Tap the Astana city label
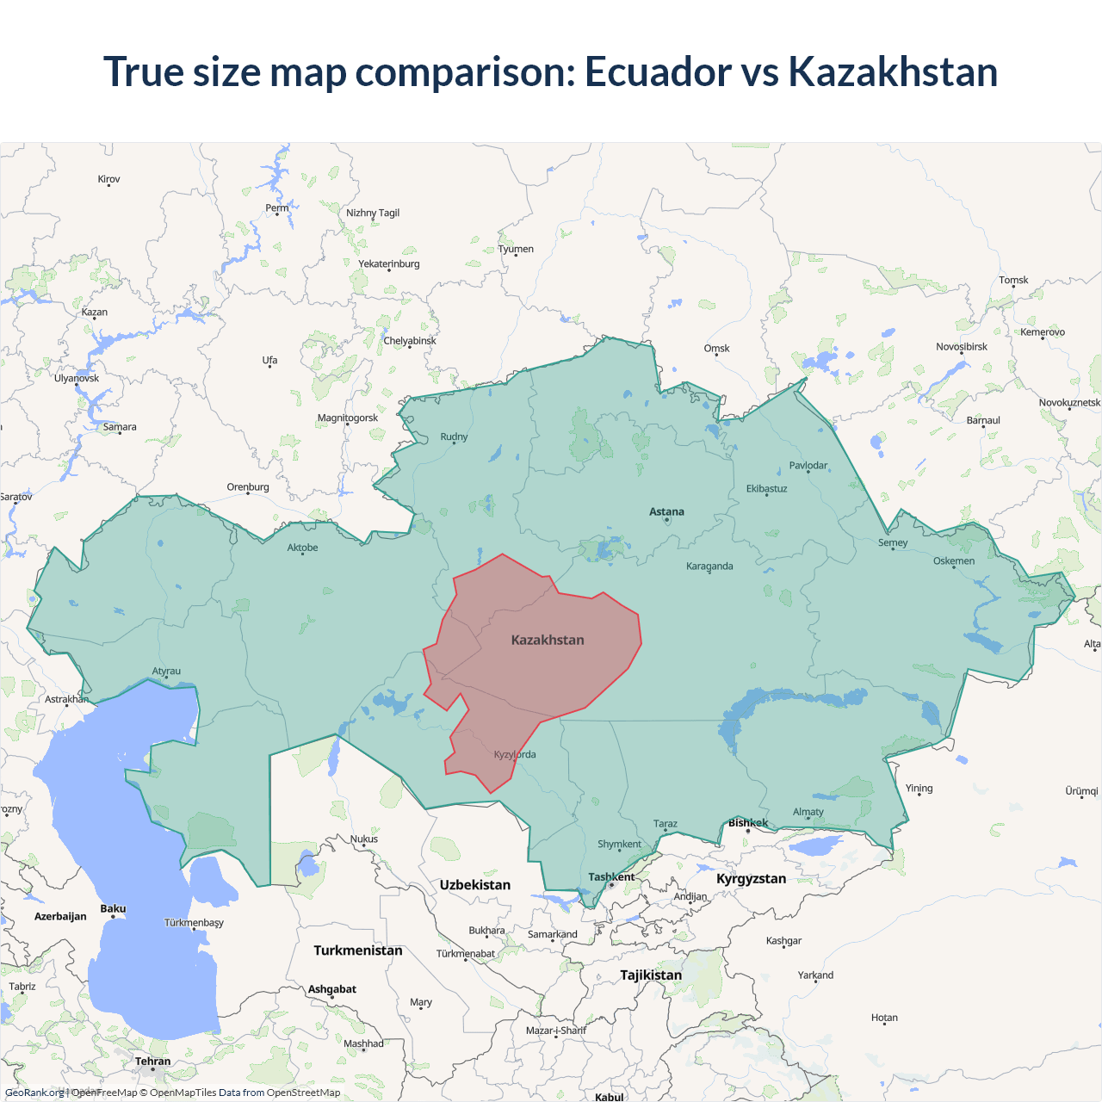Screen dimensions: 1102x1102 [x=666, y=511]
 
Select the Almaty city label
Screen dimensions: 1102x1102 [x=808, y=812]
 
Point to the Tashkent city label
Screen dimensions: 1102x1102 [x=611, y=877]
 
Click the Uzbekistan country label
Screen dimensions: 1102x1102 [x=474, y=885]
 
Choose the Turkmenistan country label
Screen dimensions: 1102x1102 [x=358, y=950]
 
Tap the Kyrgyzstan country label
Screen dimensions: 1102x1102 [x=751, y=879]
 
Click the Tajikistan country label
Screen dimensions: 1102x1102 [x=651, y=975]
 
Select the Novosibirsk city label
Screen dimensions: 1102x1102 [x=962, y=347]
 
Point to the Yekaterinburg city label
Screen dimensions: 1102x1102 [x=389, y=264]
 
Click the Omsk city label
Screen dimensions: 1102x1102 [x=716, y=349]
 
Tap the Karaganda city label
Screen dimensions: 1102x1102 [x=709, y=566]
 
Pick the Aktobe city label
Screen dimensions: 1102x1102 [x=302, y=548]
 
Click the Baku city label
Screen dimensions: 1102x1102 [x=113, y=909]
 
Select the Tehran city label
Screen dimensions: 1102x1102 [x=152, y=1062]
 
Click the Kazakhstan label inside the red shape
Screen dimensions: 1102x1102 [x=548, y=640]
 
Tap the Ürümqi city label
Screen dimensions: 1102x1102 [x=1081, y=791]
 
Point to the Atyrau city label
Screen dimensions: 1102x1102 [x=166, y=672]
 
